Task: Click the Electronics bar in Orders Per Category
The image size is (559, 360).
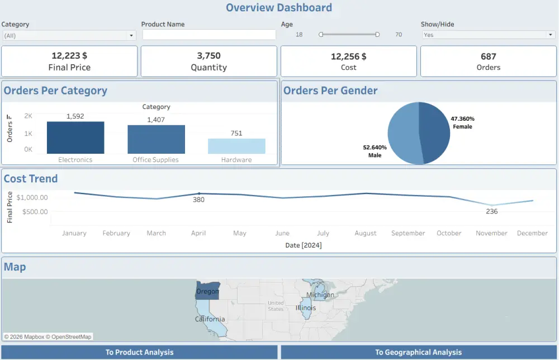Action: pos(75,138)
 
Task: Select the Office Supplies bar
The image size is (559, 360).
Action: pos(156,139)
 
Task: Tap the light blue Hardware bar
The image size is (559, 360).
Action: pos(236,146)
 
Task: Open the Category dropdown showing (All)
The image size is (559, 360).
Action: pos(69,35)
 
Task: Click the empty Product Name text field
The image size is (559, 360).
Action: pos(209,35)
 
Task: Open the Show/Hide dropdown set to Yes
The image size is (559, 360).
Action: pos(488,35)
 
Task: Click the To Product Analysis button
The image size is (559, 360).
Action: pos(139,352)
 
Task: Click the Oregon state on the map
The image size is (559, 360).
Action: pos(207,291)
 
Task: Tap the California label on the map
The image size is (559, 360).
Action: pos(210,319)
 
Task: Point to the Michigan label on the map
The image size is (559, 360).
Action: pos(320,295)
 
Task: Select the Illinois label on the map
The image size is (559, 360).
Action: pos(306,308)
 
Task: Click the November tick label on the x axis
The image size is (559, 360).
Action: pos(491,233)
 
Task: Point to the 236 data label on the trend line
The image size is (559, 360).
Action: pos(492,211)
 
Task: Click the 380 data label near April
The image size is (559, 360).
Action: pos(198,200)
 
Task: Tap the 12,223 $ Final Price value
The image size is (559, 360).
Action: pos(69,56)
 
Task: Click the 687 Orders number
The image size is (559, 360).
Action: pos(488,56)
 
